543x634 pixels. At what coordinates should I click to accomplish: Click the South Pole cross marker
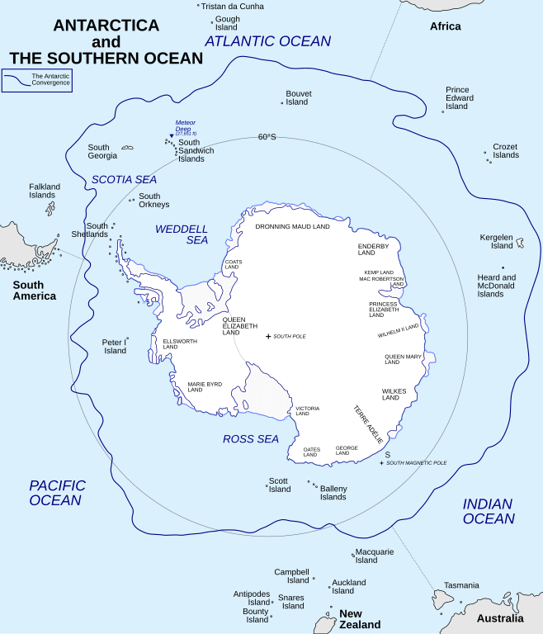(x=268, y=337)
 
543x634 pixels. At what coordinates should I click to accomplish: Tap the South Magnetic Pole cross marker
(x=381, y=463)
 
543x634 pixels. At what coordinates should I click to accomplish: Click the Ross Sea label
(x=251, y=439)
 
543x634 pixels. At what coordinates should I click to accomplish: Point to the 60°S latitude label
(x=267, y=137)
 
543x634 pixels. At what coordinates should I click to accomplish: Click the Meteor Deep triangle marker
(x=172, y=135)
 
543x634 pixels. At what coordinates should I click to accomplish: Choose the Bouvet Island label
(x=297, y=97)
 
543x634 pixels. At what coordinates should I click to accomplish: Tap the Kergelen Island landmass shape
(x=521, y=244)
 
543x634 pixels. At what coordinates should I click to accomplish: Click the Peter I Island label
(x=115, y=346)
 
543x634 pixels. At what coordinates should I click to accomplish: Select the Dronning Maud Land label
(x=292, y=226)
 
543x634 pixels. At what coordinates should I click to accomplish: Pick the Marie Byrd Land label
(x=205, y=386)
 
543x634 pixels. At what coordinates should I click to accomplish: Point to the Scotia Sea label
(x=124, y=179)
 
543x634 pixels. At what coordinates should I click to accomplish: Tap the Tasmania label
(x=460, y=585)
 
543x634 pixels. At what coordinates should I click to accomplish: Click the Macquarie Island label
(x=375, y=556)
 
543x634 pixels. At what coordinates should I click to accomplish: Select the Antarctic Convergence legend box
(x=36, y=80)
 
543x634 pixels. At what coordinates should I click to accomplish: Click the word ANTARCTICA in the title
(x=106, y=26)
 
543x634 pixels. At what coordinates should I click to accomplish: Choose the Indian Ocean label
(x=488, y=511)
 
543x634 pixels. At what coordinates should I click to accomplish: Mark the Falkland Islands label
(x=45, y=191)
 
